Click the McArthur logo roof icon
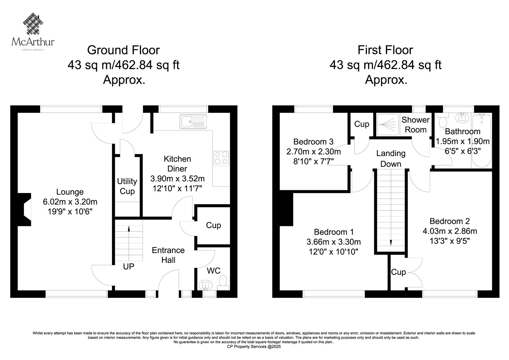coord(33,24)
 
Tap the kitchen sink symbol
coord(193,122)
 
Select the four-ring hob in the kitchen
coord(221,158)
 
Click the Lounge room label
coord(70,192)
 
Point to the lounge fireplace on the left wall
coord(24,209)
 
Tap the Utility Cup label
coord(127,186)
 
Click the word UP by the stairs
coord(129,266)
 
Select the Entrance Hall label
coord(168,255)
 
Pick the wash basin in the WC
coord(206,285)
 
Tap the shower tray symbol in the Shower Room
coord(388,124)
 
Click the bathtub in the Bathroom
coord(482,141)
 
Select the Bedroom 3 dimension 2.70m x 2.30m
coord(314,152)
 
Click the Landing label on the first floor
coord(391,153)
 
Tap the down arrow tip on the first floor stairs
coord(391,246)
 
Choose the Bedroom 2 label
coord(450,221)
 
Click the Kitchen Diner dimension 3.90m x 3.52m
coord(178,179)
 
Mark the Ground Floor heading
coord(123,50)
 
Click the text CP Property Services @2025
coord(254,347)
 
